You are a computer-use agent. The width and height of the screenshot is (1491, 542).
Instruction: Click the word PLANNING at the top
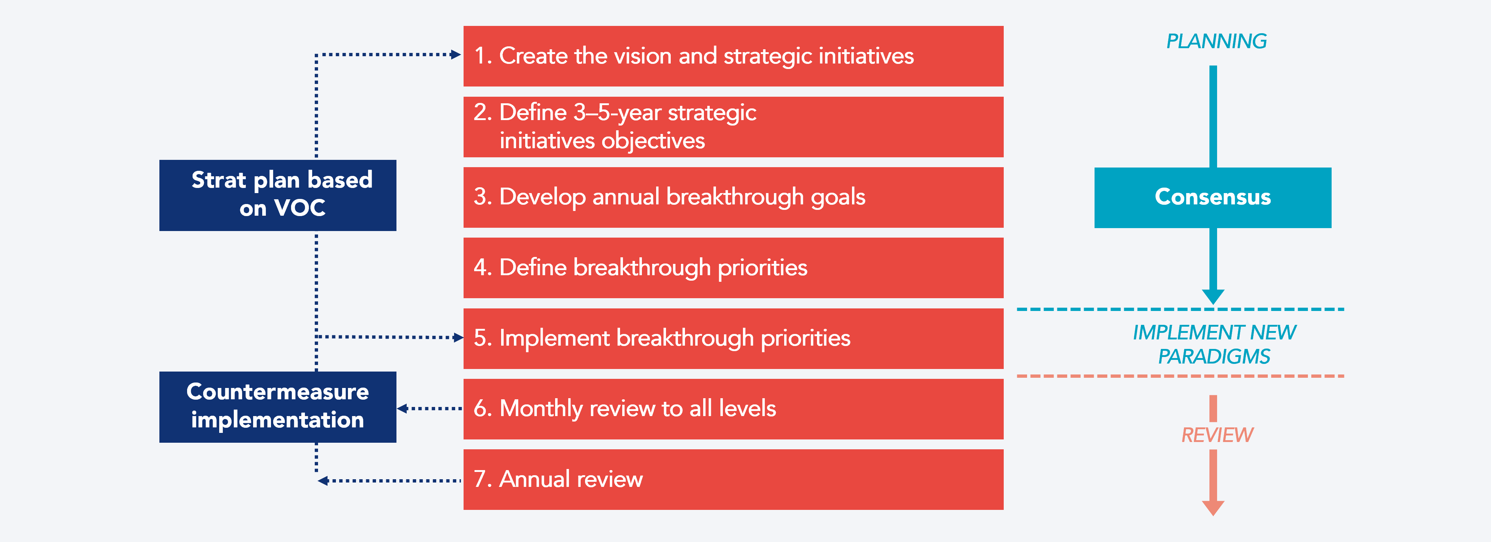[x=1216, y=41]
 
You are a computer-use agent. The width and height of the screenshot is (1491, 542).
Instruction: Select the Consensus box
[x=1213, y=197]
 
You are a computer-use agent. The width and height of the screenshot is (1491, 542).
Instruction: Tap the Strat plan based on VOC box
[x=278, y=195]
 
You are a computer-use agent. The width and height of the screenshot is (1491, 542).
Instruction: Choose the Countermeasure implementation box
[x=278, y=407]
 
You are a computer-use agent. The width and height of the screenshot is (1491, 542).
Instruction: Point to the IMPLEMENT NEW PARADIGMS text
[x=1214, y=344]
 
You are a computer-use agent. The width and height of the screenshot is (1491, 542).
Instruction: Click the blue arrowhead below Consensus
[x=1213, y=296]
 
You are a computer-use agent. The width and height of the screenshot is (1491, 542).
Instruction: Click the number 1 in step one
[x=480, y=56]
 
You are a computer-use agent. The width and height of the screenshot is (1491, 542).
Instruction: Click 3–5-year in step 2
[x=617, y=112]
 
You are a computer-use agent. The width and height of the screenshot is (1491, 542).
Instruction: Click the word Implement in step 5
[x=554, y=338]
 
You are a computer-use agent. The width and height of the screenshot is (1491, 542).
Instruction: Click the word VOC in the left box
[x=300, y=208]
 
